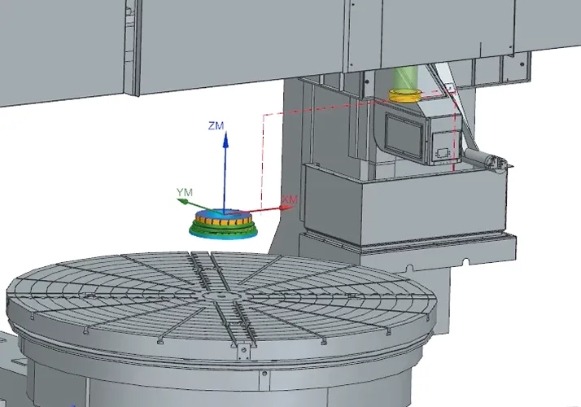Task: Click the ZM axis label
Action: [x=216, y=126]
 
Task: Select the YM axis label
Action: [x=185, y=192]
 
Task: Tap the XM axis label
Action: [x=290, y=199]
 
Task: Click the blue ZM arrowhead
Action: [x=225, y=140]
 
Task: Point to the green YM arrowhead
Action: [x=182, y=201]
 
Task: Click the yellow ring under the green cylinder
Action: [x=405, y=95]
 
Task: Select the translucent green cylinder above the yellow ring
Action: [x=405, y=79]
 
